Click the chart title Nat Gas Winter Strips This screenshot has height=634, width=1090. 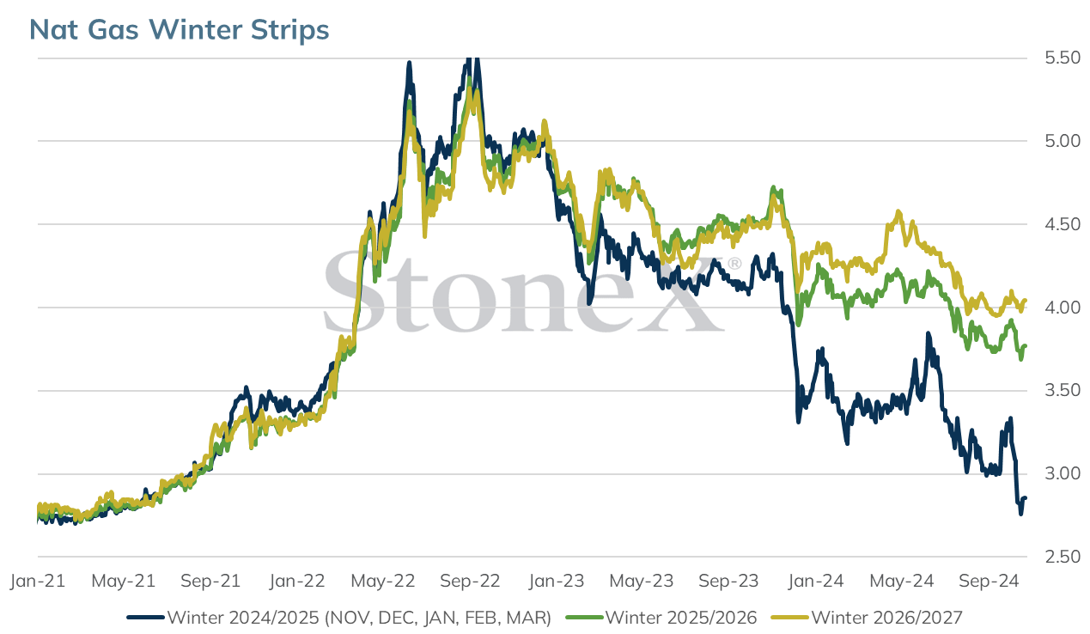(179, 29)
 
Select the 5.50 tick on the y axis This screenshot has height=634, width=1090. (1063, 58)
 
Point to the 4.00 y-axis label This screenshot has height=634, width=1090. (1063, 307)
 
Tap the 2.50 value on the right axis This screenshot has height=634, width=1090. (1063, 556)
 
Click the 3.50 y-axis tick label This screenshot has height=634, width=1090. (1063, 390)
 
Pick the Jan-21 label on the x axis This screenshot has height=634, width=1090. (38, 581)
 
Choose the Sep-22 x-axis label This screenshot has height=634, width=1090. (470, 581)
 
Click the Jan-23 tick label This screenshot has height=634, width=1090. (557, 581)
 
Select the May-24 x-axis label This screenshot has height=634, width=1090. (902, 581)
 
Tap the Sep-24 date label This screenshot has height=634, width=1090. (989, 581)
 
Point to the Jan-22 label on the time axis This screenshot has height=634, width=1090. (297, 581)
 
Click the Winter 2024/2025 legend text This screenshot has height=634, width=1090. (360, 618)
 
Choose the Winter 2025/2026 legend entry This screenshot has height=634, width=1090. (681, 618)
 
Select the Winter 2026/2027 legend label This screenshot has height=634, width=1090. (887, 618)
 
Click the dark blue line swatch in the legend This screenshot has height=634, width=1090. (145, 618)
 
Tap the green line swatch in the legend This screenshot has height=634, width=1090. (584, 618)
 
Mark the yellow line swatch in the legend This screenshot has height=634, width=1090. (790, 618)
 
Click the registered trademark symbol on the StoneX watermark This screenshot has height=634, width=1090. (734, 264)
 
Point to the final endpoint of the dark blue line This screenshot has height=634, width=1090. (1026, 497)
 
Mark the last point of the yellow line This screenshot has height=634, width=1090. (1026, 300)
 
